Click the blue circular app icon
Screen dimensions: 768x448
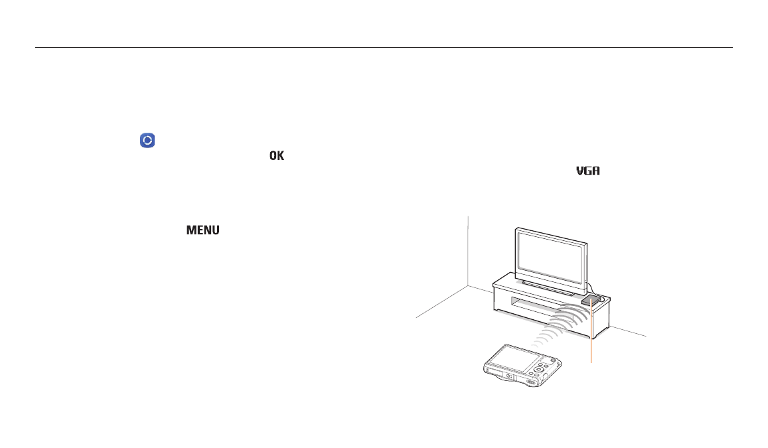pos(147,140)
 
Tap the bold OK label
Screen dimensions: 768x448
pos(277,156)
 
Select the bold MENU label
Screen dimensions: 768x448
pos(202,230)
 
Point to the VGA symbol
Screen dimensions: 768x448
pos(587,171)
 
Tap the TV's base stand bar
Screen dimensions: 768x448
pos(548,289)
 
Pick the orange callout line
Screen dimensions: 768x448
pos(591,331)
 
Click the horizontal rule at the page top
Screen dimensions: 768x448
pos(384,48)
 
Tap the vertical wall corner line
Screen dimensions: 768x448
pos(468,251)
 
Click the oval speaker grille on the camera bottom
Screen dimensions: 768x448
pos(531,382)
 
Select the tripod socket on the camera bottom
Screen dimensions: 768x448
pos(509,377)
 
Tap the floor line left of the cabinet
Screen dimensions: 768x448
pos(442,302)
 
